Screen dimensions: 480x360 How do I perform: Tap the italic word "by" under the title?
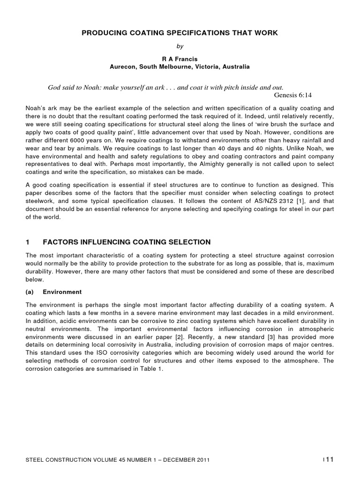pos(180,47)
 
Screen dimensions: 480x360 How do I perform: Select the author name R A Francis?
pos(180,59)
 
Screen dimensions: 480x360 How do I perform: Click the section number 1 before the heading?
pos(28,242)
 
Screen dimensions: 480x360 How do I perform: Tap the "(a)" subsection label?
pos(29,292)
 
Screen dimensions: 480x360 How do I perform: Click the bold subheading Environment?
pos(62,292)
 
